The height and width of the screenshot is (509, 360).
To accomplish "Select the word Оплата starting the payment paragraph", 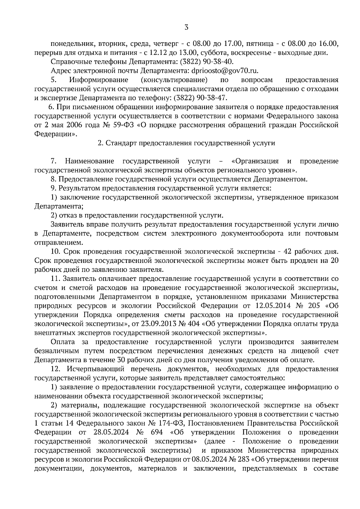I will (x=62, y=342).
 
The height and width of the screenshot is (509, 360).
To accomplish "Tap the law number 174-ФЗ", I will (x=170, y=423).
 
